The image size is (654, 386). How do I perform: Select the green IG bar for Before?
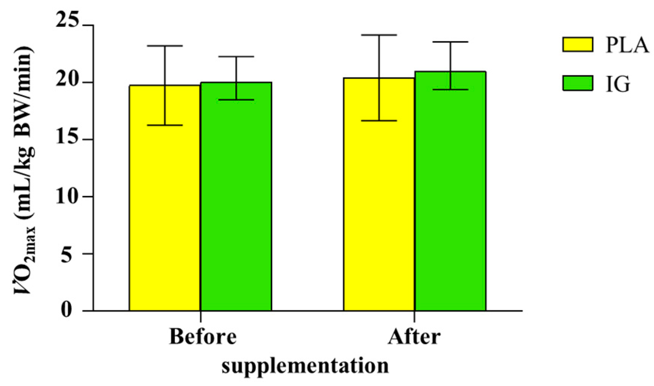click(x=236, y=204)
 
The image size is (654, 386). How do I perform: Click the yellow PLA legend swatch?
click(x=577, y=45)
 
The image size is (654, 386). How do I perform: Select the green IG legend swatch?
click(x=577, y=83)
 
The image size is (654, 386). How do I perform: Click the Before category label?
click(x=203, y=336)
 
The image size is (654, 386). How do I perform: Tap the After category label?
click(x=414, y=336)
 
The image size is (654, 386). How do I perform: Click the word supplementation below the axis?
click(x=305, y=366)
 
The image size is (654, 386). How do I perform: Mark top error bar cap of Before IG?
click(x=236, y=56)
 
